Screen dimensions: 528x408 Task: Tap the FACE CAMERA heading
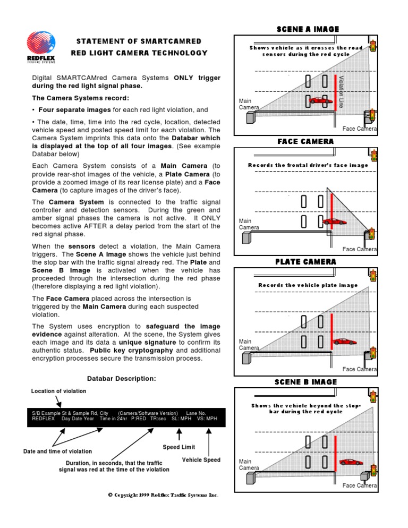click(305, 141)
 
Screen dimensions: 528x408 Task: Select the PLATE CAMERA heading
click(305, 261)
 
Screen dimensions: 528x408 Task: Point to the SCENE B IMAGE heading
click(305, 382)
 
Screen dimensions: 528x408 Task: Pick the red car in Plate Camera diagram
click(344, 342)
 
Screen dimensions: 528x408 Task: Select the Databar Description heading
click(122, 379)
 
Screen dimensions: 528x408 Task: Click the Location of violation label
click(58, 391)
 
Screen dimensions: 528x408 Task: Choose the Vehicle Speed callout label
click(201, 459)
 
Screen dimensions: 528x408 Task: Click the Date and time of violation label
click(57, 452)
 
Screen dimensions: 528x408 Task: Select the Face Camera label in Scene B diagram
click(360, 486)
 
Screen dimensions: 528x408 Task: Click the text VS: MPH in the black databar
click(207, 418)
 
